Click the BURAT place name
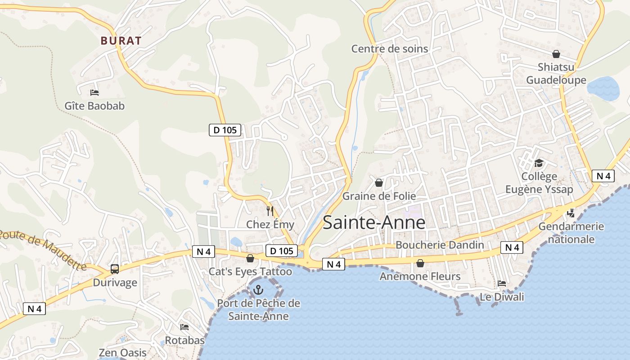pos(121,40)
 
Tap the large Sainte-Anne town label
pos(374,222)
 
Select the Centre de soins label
pos(390,49)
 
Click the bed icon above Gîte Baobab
pos(94,92)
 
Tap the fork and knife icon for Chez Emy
pos(270,211)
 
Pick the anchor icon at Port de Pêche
pos(258,290)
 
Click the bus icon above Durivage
pos(115,269)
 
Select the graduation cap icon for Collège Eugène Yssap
pos(539,163)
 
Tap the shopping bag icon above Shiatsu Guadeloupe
pos(556,54)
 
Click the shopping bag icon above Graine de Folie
pos(379,183)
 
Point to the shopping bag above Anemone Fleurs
pos(420,263)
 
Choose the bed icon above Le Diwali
pos(502,283)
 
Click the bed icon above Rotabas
pos(184,327)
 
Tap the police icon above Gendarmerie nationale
pos(571,213)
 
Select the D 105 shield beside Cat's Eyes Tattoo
pos(282,251)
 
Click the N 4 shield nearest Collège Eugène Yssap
pos(603,176)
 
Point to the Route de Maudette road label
pos(43,250)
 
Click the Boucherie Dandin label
pos(440,245)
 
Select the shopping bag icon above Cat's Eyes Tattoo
pos(250,259)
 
